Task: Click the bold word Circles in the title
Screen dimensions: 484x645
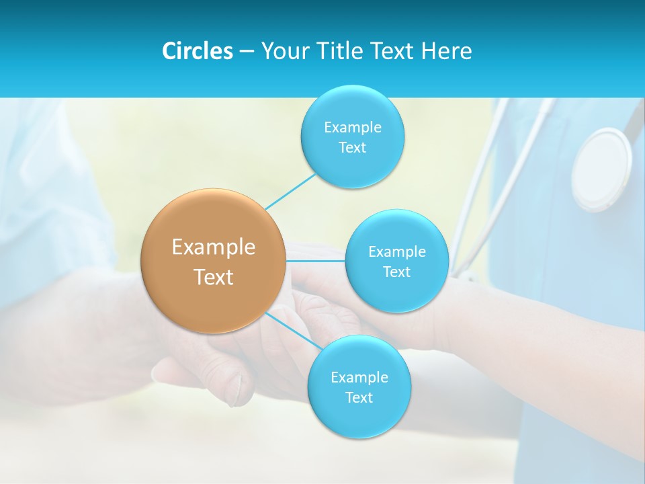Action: (197, 51)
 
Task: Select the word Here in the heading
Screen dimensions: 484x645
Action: (447, 51)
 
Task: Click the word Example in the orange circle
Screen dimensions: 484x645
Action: (213, 247)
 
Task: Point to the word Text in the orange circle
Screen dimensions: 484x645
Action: (213, 277)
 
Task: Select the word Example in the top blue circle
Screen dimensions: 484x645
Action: (352, 127)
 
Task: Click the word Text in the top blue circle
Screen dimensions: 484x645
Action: (352, 147)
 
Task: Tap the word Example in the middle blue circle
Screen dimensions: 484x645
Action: (396, 251)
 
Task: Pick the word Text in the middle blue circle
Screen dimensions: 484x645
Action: (396, 272)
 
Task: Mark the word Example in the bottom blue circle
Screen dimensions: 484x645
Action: (359, 377)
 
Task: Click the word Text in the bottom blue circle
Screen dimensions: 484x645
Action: (359, 397)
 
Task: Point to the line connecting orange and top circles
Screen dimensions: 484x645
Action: (290, 191)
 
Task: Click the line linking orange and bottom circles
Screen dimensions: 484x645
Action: (294, 330)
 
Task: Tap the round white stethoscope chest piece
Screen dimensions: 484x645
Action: (601, 168)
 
